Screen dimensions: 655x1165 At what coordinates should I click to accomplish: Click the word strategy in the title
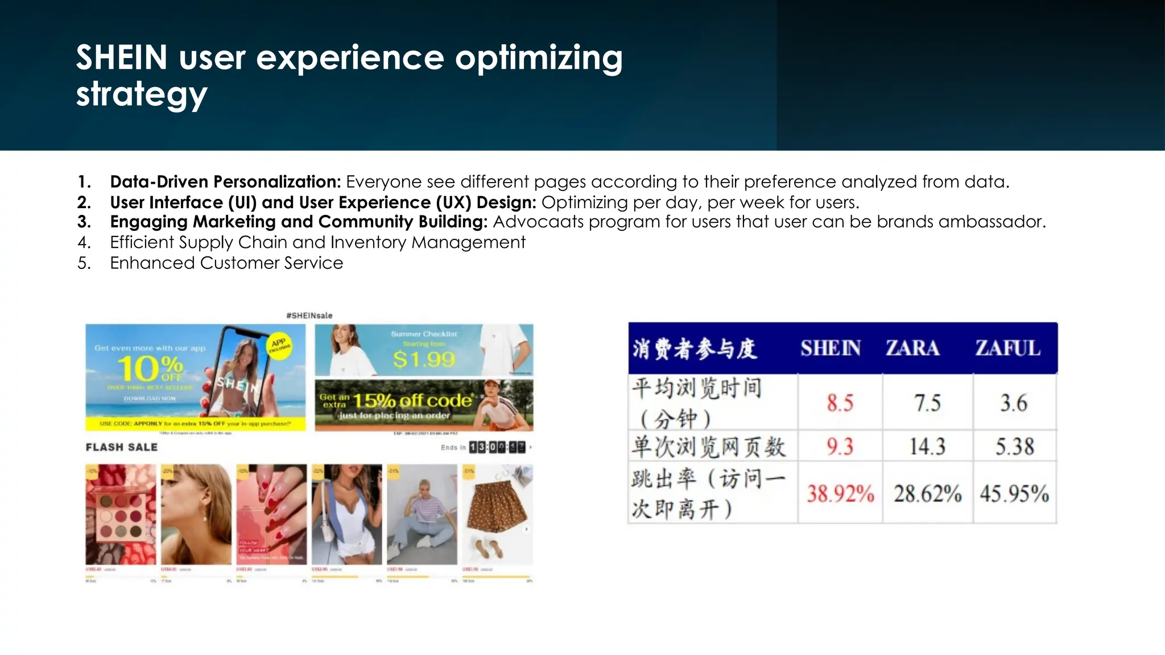[x=142, y=94]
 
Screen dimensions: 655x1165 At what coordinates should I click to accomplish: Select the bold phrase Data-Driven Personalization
[x=225, y=182]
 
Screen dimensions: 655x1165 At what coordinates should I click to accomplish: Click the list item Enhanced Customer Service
[x=226, y=263]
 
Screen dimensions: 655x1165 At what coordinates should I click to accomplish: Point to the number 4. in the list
[x=84, y=243]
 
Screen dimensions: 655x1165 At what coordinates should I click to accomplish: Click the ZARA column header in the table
[x=912, y=348]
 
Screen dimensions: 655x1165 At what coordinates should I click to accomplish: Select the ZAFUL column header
[x=1007, y=348]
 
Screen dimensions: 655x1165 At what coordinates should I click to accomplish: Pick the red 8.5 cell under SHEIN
[x=840, y=403]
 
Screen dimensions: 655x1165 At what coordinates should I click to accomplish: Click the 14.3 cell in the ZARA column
[x=927, y=446]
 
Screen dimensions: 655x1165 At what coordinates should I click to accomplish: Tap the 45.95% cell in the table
[x=1014, y=494]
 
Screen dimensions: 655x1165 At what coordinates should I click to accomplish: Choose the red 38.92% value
[x=840, y=494]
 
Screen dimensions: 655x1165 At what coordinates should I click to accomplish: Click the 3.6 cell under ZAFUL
[x=1014, y=403]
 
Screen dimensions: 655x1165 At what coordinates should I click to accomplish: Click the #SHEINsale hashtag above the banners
[x=309, y=316]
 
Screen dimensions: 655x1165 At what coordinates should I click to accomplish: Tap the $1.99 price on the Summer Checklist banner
[x=424, y=359]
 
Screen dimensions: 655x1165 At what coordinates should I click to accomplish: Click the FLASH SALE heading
[x=122, y=447]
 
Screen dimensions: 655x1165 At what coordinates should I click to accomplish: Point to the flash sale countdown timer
[x=497, y=447]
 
